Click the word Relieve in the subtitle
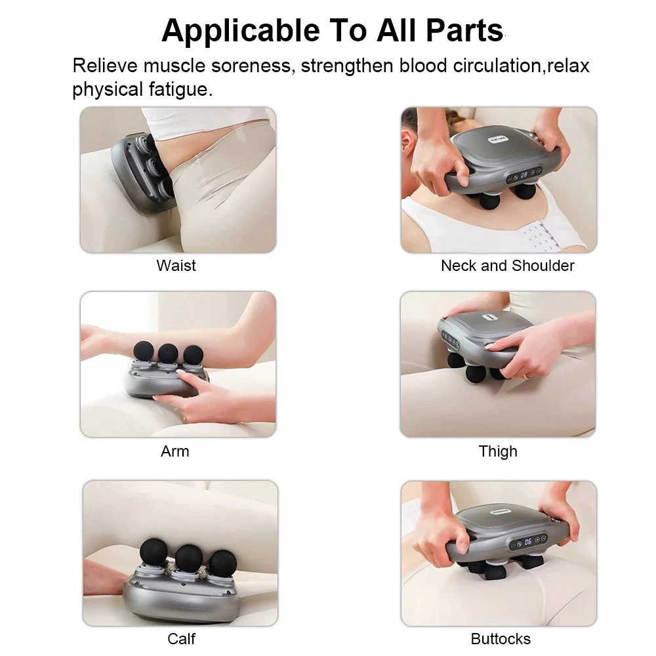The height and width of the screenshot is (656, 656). tap(105, 66)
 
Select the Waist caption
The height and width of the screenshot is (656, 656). tap(176, 266)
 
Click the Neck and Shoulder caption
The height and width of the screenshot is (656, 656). tap(507, 266)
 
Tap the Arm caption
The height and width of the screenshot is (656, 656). tap(175, 451)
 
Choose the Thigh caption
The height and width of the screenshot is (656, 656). tap(498, 451)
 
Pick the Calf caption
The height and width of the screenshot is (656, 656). tap(181, 638)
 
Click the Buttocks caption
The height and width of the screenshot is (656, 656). tap(501, 638)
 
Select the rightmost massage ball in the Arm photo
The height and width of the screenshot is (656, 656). tap(193, 356)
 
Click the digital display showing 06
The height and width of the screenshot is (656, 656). tap(527, 541)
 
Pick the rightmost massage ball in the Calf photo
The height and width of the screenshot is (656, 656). tap(222, 564)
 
